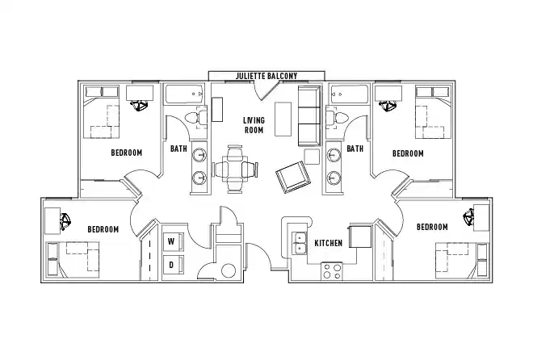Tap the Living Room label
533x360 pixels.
(254, 125)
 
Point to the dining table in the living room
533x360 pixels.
(235, 168)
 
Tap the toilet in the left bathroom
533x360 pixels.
(192, 119)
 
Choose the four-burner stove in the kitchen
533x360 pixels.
(332, 270)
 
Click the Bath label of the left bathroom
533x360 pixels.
(178, 149)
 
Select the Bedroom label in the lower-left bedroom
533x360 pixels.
(103, 229)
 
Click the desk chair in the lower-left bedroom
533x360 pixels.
(65, 218)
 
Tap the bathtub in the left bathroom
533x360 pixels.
(185, 95)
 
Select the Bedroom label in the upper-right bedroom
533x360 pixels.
(408, 153)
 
